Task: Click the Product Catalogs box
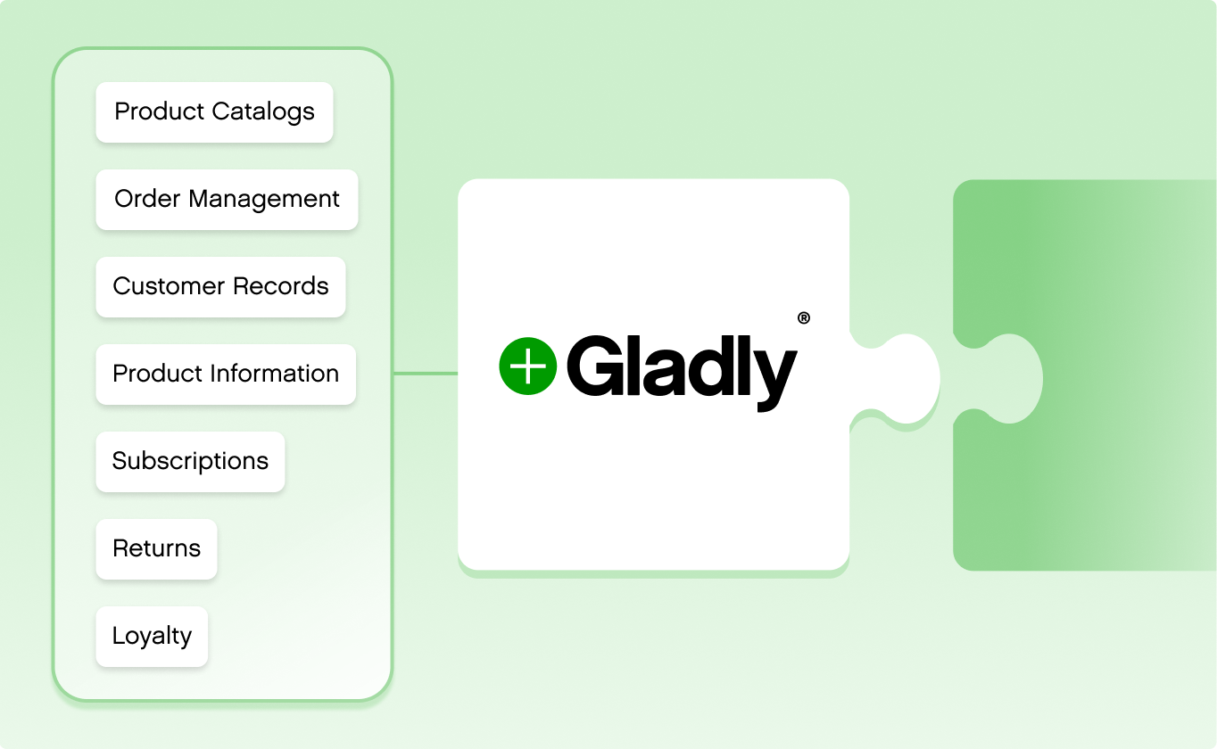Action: (214, 112)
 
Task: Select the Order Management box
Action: (227, 200)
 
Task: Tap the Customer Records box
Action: (220, 287)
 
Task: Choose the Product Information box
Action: (226, 374)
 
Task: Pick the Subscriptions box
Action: (190, 462)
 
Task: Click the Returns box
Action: (156, 549)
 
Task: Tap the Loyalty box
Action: (152, 637)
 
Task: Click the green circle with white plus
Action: (527, 366)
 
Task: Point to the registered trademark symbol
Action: (803, 318)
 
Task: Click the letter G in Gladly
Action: (599, 366)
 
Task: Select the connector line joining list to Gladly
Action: (425, 374)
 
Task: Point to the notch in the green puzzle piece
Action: (1008, 378)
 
